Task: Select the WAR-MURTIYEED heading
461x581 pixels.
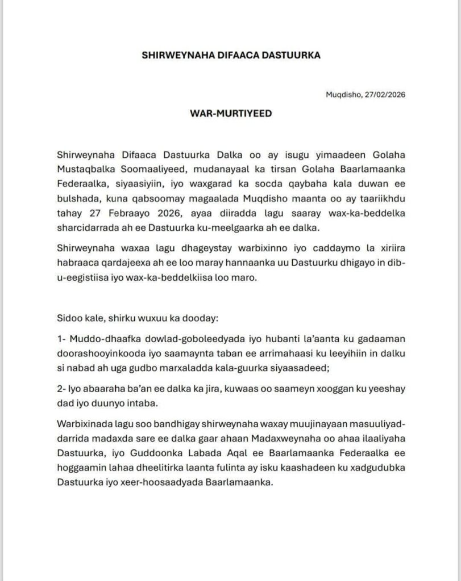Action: [230, 113]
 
